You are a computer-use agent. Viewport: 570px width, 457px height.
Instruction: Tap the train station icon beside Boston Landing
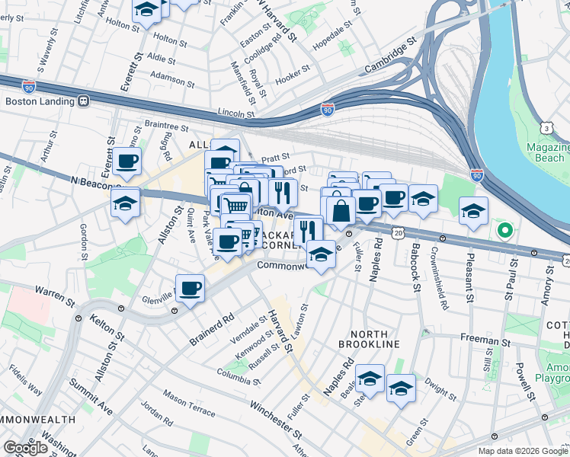(x=84, y=101)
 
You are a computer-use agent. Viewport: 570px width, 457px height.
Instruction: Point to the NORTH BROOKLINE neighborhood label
(x=374, y=339)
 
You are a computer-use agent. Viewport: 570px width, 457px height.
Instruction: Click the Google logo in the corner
(x=25, y=448)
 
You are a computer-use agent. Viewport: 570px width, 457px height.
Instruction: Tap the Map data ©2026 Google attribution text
(x=522, y=451)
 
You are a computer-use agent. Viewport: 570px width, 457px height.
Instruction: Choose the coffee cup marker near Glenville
(x=190, y=289)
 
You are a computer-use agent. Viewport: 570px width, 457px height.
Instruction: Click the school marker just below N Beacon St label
(x=125, y=203)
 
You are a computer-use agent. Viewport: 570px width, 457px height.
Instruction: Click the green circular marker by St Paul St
(x=503, y=229)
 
